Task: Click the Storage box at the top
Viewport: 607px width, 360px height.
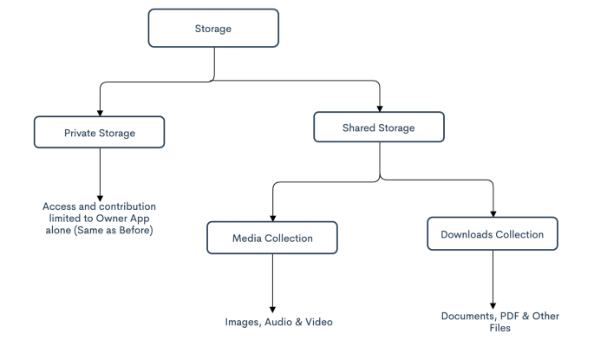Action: tap(213, 29)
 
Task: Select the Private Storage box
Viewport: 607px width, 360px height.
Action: tap(99, 132)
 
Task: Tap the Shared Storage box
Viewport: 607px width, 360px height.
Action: tap(379, 127)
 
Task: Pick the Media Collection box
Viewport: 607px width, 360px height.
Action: tap(272, 238)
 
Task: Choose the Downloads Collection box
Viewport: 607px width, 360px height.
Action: tap(493, 233)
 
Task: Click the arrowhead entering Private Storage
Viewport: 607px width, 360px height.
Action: tap(100, 113)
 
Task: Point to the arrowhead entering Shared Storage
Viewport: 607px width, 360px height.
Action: tap(380, 108)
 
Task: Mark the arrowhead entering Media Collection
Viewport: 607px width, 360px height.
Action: tap(273, 219)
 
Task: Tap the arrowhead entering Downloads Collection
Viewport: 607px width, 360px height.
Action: tap(493, 214)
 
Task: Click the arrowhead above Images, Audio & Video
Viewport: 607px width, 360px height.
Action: tap(272, 310)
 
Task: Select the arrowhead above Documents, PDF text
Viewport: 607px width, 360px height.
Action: tap(493, 306)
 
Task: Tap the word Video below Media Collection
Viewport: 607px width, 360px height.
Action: tap(319, 322)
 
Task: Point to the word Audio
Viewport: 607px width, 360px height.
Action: tap(278, 322)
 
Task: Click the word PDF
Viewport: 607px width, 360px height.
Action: tap(509, 316)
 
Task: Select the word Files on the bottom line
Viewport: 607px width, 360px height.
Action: tap(499, 328)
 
